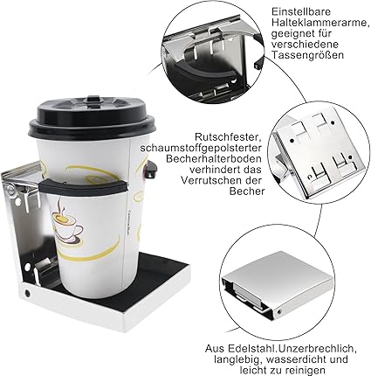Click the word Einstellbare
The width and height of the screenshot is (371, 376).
[302, 11]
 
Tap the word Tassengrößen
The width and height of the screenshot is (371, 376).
[307, 54]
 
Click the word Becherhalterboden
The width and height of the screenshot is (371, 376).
[214, 158]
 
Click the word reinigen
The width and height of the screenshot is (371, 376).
[305, 371]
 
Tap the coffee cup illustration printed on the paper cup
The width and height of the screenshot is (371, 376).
[66, 219]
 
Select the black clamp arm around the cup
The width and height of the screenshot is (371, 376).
[84, 186]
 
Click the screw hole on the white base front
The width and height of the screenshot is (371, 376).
[28, 293]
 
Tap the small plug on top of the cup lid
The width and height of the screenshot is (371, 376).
[93, 99]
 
